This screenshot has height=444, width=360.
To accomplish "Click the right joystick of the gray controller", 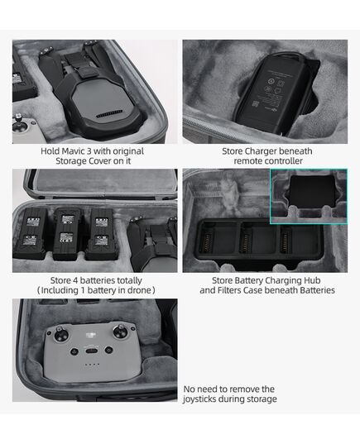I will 126,334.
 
